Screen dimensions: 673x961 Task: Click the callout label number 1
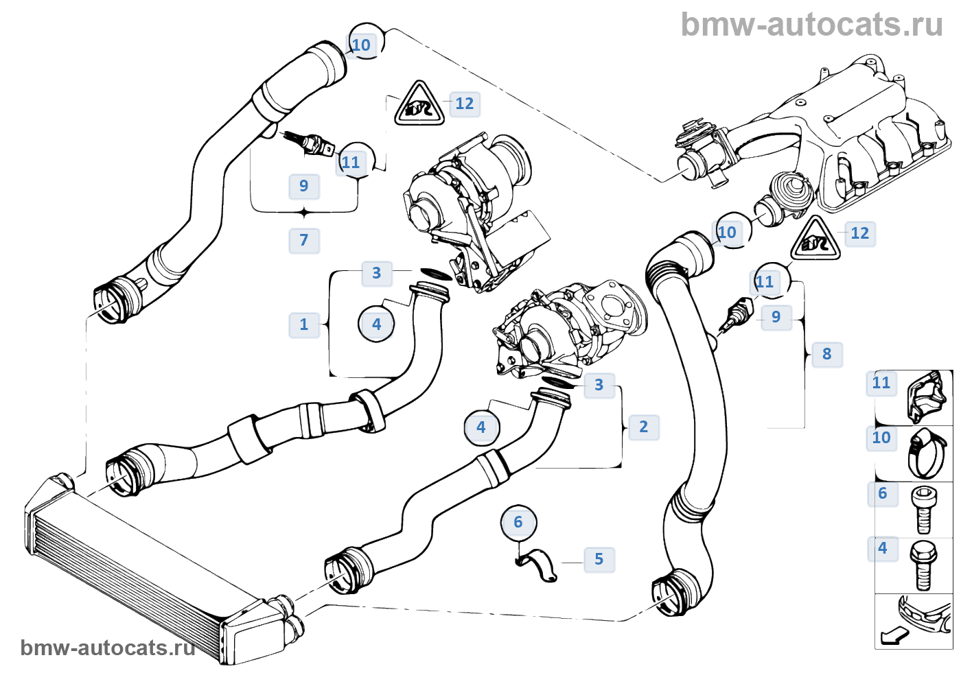(x=304, y=324)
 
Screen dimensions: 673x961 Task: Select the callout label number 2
(x=643, y=427)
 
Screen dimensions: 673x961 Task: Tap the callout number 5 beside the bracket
(x=599, y=559)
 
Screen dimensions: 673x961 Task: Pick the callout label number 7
(x=304, y=240)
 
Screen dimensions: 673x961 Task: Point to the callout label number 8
(x=826, y=354)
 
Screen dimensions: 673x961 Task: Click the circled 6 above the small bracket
(x=518, y=523)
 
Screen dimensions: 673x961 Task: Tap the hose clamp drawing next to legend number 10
(x=927, y=453)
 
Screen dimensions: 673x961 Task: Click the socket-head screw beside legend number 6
(x=923, y=509)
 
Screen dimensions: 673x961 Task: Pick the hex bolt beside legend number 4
(x=923, y=565)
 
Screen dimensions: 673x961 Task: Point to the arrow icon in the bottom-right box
(x=894, y=635)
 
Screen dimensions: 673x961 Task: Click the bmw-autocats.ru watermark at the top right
(x=811, y=25)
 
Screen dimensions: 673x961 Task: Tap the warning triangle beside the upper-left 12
(x=419, y=105)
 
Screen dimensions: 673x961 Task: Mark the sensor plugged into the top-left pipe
(x=309, y=142)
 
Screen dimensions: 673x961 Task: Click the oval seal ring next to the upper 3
(x=435, y=274)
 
